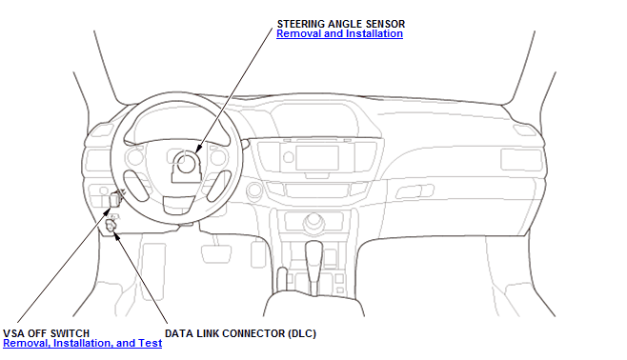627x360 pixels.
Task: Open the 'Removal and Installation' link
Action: point(339,34)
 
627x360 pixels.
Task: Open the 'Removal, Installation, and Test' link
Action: point(82,343)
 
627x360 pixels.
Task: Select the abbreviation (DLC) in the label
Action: point(302,333)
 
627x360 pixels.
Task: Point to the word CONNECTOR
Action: point(253,333)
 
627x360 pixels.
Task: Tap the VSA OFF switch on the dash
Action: point(115,199)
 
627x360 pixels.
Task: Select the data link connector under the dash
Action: point(111,226)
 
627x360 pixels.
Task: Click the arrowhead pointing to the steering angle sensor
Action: point(199,149)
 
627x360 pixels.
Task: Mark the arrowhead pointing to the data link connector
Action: point(116,235)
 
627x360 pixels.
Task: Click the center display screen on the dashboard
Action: point(317,157)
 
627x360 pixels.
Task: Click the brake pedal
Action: point(216,254)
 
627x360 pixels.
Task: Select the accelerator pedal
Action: point(258,253)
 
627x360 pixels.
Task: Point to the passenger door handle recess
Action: point(415,191)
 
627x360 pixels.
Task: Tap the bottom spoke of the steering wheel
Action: point(179,205)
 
